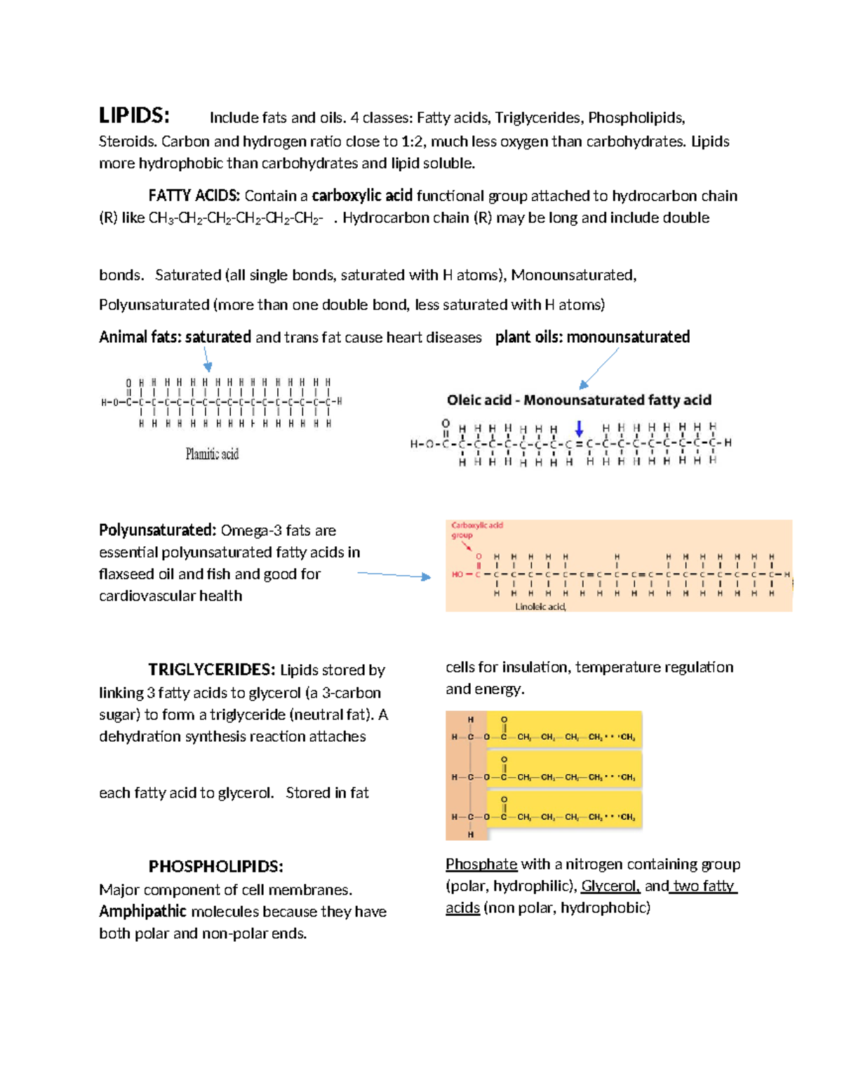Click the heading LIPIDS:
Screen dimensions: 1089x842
[133, 116]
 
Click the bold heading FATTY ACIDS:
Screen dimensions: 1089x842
[194, 196]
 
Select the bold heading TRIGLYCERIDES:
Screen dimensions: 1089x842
[211, 670]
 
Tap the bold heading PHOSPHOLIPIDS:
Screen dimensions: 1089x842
[215, 867]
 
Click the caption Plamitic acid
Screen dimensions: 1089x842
[212, 454]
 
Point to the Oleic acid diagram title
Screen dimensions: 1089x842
[579, 400]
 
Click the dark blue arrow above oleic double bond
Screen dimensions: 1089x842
[579, 428]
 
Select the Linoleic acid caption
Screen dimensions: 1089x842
[540, 607]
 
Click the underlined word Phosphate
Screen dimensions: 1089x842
[481, 864]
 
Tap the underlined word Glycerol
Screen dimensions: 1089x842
[610, 886]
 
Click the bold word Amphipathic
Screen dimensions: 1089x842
[142, 912]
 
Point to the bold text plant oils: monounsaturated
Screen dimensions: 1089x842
[592, 337]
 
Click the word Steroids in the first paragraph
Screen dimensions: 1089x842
[127, 142]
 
